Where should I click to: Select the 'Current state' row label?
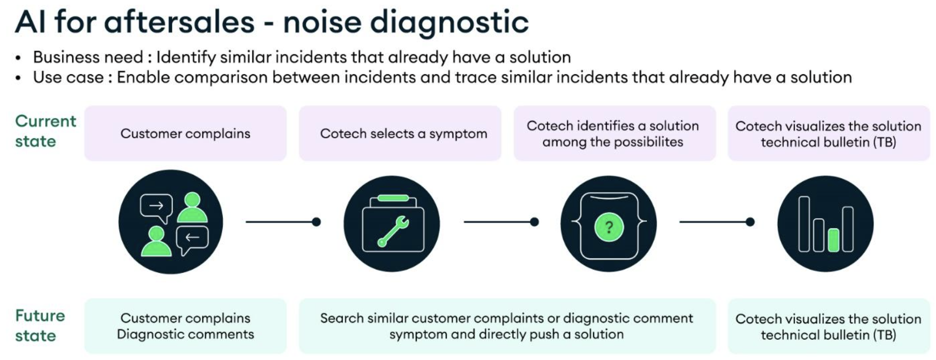[45, 131]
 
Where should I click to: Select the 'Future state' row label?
[40, 325]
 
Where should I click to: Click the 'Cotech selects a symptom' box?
[400, 133]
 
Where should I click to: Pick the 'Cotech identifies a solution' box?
[615, 133]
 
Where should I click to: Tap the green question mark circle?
[609, 227]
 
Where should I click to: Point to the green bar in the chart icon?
[833, 239]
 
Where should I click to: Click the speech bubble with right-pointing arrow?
[156, 207]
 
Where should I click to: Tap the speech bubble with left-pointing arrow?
[192, 239]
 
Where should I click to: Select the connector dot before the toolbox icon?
[316, 222]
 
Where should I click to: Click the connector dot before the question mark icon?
[534, 222]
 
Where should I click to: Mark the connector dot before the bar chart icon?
[750, 222]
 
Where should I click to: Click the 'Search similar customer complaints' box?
[507, 326]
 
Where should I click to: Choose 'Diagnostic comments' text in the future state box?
[185, 334]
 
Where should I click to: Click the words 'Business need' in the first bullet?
[88, 57]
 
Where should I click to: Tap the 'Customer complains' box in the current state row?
[185, 133]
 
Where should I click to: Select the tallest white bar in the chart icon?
[804, 224]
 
